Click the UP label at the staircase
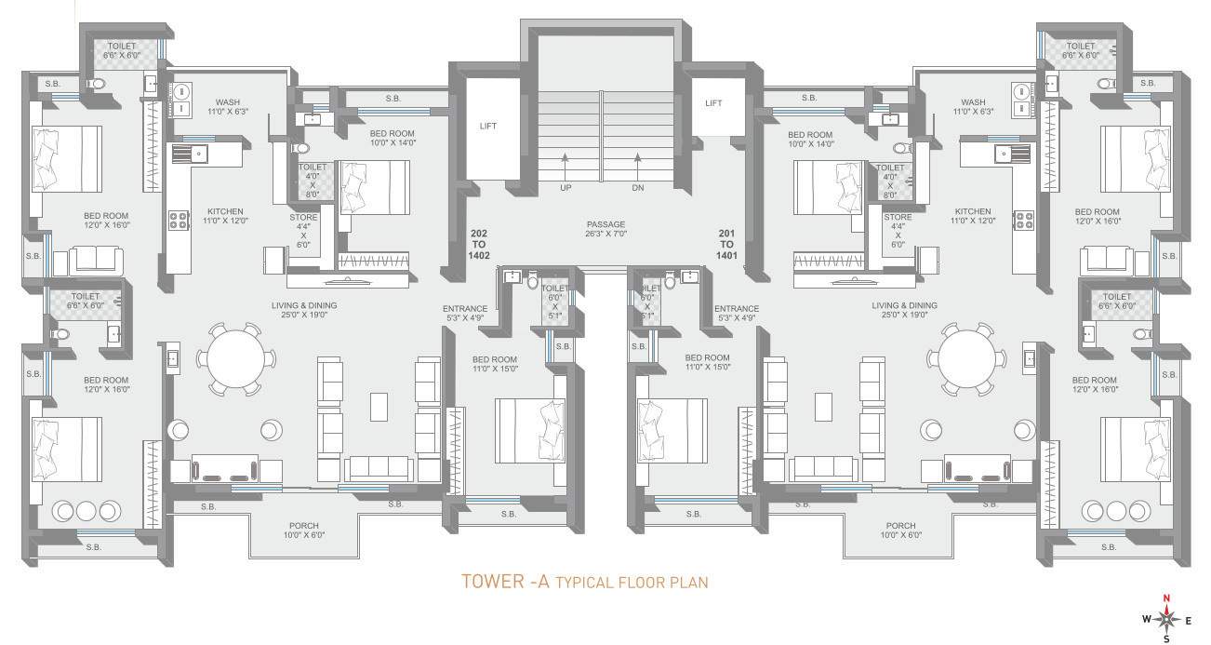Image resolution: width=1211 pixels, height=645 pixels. click(x=565, y=187)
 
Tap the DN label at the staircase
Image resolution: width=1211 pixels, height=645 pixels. click(x=638, y=187)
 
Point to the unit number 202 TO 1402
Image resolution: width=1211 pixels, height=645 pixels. click(x=480, y=245)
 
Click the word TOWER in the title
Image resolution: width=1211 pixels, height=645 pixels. click(x=492, y=583)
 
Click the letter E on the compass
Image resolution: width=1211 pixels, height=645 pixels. click(x=1188, y=620)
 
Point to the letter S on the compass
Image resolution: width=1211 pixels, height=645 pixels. click(x=1167, y=639)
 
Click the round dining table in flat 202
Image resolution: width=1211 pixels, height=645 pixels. click(x=236, y=358)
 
